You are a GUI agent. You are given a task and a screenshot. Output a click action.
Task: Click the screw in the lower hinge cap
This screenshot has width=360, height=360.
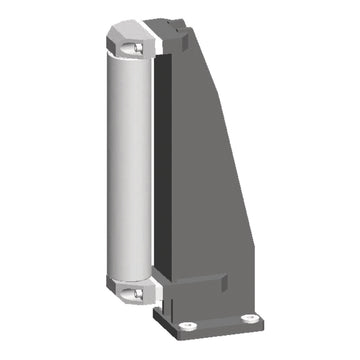click(133, 292)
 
